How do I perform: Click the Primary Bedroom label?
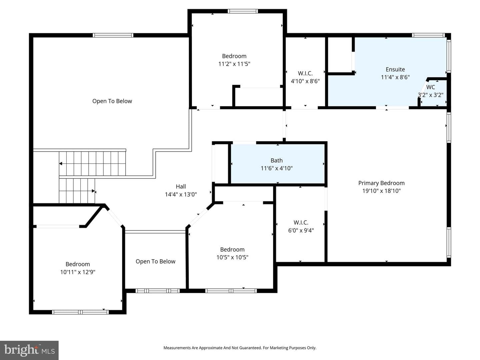click(381, 183)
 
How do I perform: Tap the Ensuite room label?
click(395, 69)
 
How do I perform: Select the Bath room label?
click(277, 160)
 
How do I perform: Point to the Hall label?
click(181, 186)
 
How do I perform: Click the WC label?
click(430, 87)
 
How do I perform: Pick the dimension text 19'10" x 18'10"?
click(381, 191)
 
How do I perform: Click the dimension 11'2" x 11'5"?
click(234, 64)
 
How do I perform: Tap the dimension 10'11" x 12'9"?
click(78, 272)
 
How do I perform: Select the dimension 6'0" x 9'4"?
click(301, 230)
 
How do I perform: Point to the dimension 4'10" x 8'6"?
click(305, 81)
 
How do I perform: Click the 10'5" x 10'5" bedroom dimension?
click(232, 257)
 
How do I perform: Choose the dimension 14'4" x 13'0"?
click(181, 194)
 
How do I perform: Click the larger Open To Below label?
click(112, 101)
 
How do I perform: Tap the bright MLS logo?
click(29, 350)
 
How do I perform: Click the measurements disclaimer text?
click(240, 348)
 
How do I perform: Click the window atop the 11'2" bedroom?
click(243, 11)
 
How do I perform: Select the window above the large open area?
click(113, 35)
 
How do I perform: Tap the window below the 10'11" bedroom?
click(80, 312)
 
